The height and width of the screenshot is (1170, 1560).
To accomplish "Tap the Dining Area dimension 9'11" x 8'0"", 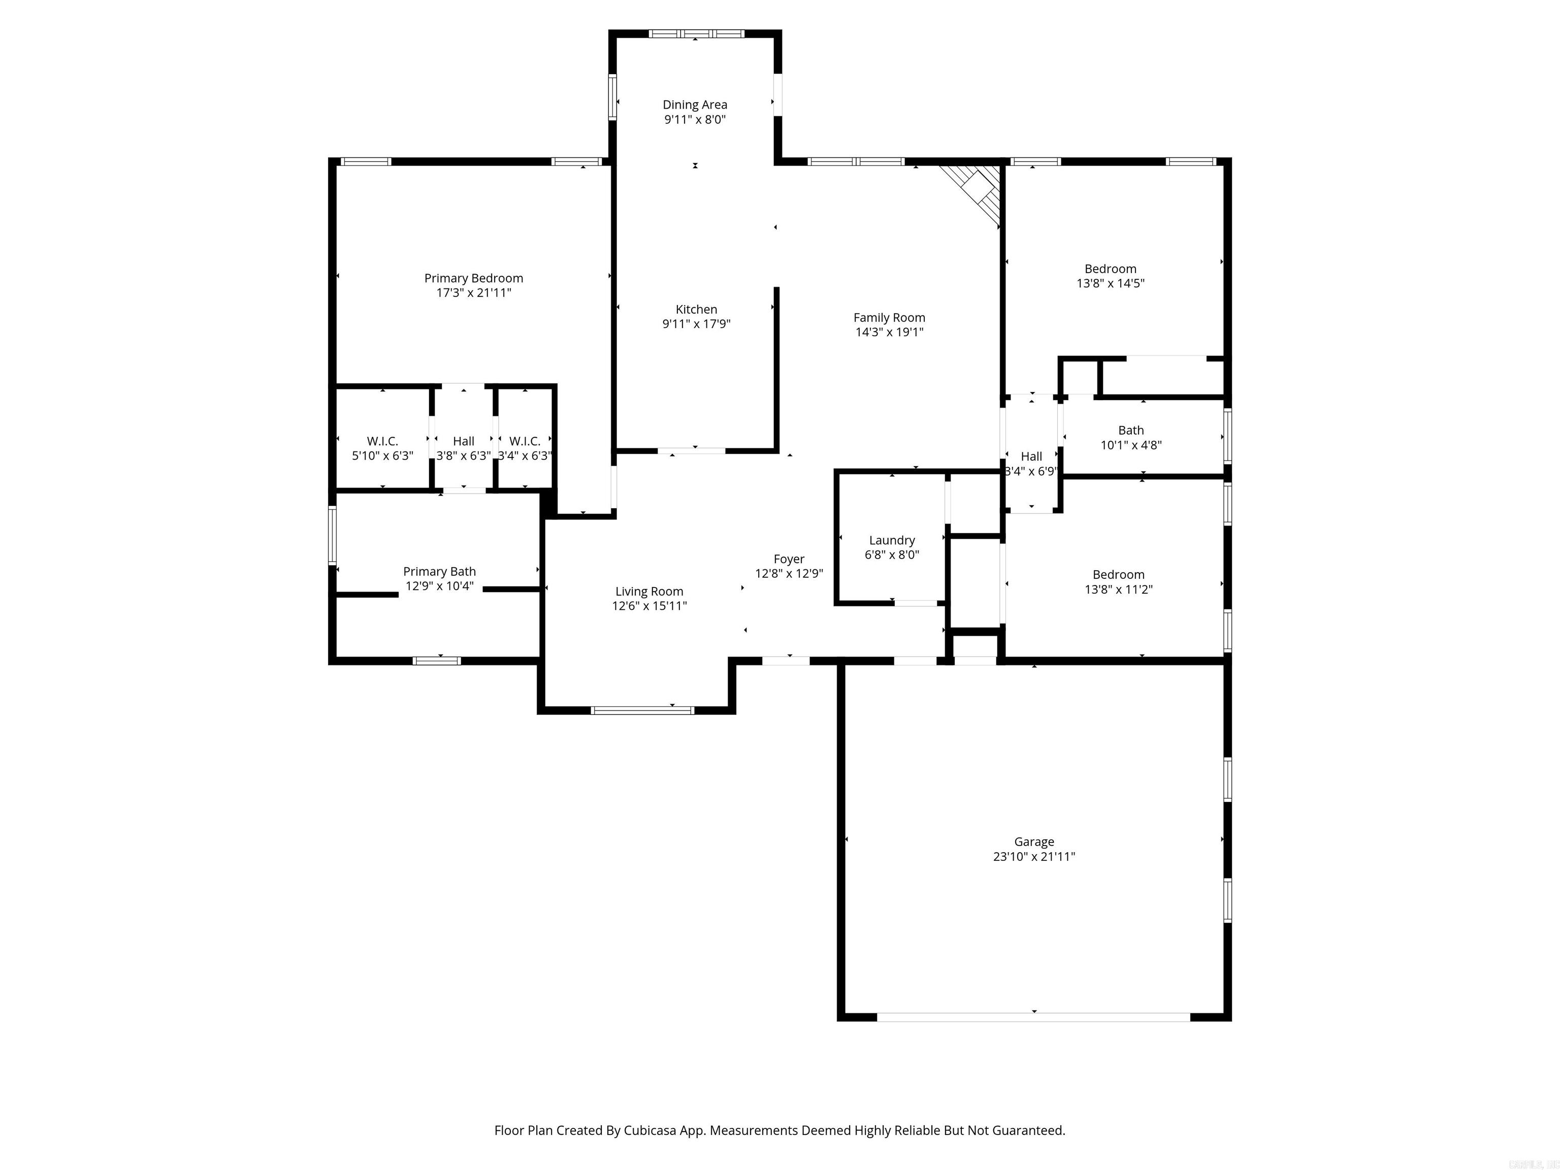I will [x=695, y=120].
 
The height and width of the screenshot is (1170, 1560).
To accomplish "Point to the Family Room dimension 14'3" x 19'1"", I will [x=889, y=332].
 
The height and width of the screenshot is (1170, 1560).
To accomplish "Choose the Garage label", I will [x=1034, y=841].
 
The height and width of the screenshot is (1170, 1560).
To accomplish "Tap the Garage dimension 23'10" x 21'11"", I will [x=1034, y=857].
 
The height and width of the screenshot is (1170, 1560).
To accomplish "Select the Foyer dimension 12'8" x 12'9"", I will [x=789, y=573].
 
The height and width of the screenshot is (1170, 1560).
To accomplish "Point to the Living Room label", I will [x=649, y=592].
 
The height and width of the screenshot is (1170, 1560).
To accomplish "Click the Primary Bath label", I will [x=439, y=571].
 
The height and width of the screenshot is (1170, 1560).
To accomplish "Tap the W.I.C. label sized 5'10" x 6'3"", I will [x=382, y=441].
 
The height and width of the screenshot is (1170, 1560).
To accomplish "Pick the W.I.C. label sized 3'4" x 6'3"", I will [x=525, y=441].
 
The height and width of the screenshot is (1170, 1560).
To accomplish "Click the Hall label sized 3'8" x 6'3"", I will [x=463, y=441].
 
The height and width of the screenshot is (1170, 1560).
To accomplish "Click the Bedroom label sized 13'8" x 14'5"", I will [x=1110, y=269].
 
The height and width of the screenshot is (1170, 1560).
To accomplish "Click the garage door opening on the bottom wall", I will [x=1033, y=1017].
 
